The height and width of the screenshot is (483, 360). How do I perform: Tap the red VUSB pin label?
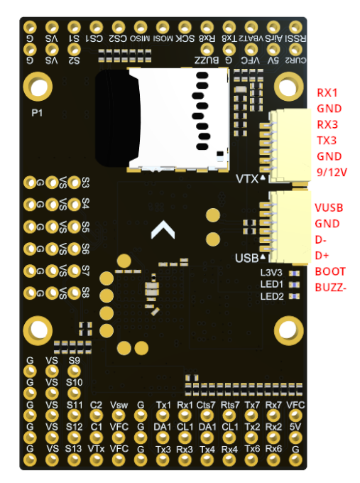[x=329, y=207]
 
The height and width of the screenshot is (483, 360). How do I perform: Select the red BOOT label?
[x=329, y=271]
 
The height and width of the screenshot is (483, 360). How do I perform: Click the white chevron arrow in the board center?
[x=164, y=229]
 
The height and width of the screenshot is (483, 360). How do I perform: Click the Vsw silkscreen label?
[x=119, y=405]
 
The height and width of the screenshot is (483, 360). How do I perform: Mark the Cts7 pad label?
[x=207, y=405]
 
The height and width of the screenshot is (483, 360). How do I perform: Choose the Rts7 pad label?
[x=230, y=405]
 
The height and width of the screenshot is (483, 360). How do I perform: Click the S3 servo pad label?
[x=86, y=182]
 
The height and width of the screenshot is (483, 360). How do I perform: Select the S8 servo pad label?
[x=86, y=292]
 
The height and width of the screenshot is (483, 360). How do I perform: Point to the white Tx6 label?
[x=252, y=449]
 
